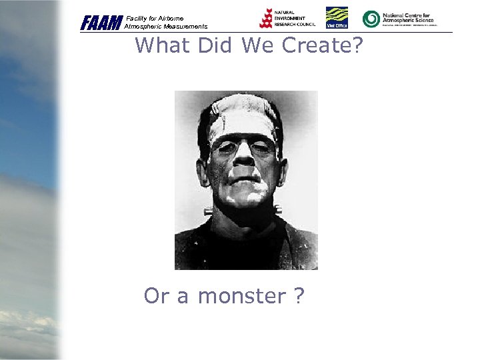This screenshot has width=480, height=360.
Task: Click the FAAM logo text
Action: tap(101, 23)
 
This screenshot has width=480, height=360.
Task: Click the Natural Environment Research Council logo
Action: tap(287, 19)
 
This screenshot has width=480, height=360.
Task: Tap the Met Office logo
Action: tap(337, 18)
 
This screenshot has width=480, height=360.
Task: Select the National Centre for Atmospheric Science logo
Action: tap(398, 19)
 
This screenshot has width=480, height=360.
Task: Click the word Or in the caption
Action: tap(156, 296)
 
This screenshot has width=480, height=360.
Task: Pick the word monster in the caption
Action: tap(242, 296)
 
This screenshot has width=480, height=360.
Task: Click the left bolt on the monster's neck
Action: tap(208, 211)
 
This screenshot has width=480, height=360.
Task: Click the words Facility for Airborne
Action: tap(154, 19)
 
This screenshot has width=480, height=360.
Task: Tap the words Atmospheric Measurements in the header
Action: tap(166, 27)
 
